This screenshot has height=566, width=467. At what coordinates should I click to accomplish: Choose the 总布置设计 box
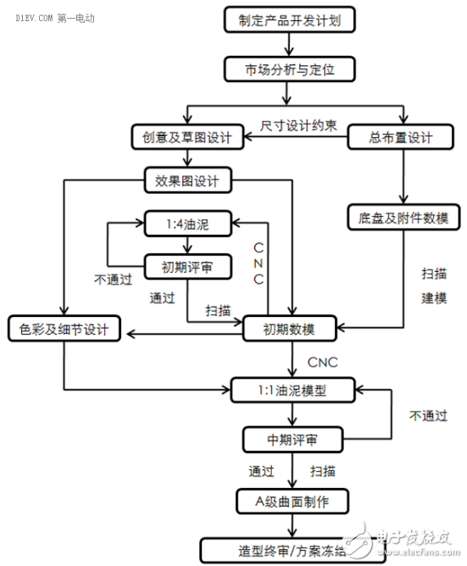pos(401,137)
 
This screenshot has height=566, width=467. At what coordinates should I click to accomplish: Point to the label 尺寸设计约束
pos(299,126)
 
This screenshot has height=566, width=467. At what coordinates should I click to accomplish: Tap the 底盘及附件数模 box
pos(401,218)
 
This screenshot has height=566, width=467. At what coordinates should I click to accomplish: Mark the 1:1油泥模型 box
pos(292,391)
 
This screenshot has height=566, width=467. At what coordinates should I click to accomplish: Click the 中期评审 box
pos(292,440)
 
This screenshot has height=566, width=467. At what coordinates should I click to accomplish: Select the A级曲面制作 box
pos(292,502)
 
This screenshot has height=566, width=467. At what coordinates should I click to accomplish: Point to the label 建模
pos(435,299)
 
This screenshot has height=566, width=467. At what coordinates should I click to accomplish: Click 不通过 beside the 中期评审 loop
pos(429,416)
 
